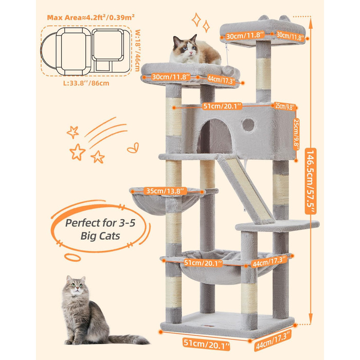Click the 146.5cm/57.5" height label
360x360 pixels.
pyautogui.click(x=311, y=181)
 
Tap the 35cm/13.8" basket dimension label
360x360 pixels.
pyautogui.click(x=165, y=191)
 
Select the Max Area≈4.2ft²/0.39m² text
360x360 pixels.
pyautogui.click(x=91, y=17)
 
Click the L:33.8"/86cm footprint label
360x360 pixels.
pyautogui.click(x=86, y=83)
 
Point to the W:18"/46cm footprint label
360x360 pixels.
pyautogui.click(x=137, y=50)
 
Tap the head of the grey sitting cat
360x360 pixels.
pyautogui.click(x=76, y=286)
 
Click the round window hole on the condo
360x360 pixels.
pyautogui.click(x=248, y=125)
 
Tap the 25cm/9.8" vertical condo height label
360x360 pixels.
pyautogui.click(x=296, y=134)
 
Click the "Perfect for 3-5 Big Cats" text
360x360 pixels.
pyautogui.click(x=100, y=229)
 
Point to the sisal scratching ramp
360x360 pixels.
pyautogui.click(x=246, y=188)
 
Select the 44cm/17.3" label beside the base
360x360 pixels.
pyautogui.click(x=273, y=340)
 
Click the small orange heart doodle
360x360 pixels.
pyautogui.click(x=133, y=148)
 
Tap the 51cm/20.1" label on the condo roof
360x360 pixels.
pyautogui.click(x=222, y=106)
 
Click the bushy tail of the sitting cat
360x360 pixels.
pyautogui.click(x=129, y=339)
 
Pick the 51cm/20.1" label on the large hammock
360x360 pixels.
pyautogui.click(x=203, y=263)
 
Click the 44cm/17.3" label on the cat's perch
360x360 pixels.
pyautogui.click(x=221, y=79)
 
